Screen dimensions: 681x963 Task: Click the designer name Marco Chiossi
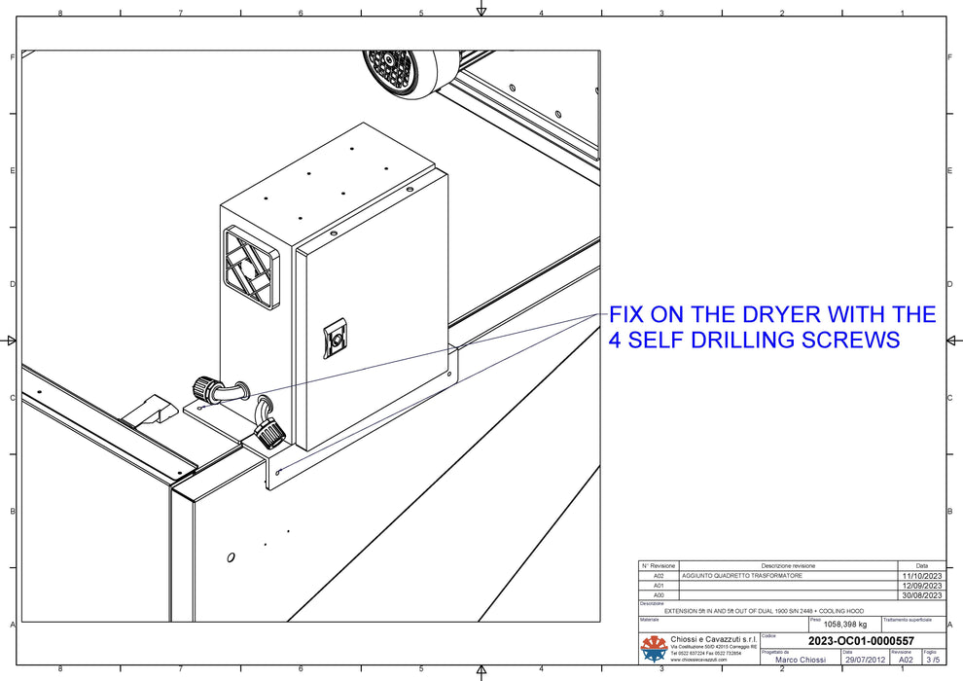800,660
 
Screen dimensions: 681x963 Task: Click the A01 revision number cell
658,586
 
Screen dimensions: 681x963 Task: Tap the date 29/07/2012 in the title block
865,660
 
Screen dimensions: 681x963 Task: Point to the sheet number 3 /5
931,660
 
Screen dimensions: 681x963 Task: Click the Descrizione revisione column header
788,565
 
